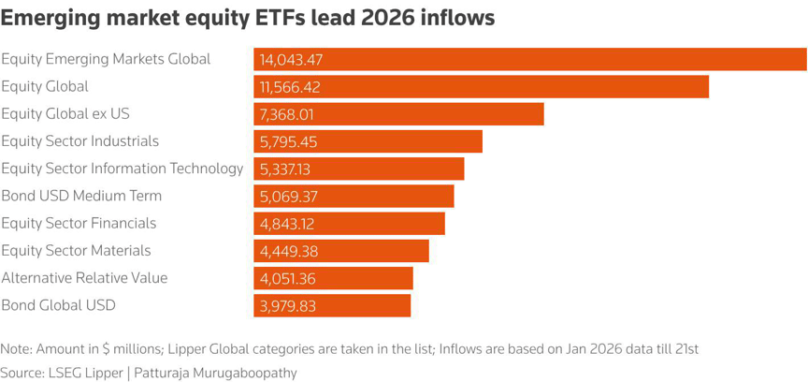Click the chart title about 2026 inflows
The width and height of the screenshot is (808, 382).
click(248, 18)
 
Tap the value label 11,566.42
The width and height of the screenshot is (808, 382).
click(291, 87)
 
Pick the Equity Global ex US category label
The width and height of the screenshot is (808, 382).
click(65, 114)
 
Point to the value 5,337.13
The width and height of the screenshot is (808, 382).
click(285, 169)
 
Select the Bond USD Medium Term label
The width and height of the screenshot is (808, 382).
click(81, 196)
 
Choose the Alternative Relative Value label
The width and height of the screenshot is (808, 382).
click(84, 278)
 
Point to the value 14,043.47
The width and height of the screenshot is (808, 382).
click(291, 60)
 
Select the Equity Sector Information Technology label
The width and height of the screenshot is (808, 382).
click(122, 169)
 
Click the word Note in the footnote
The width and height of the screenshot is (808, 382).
click(16, 349)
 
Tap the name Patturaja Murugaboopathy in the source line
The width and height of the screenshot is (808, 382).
click(218, 373)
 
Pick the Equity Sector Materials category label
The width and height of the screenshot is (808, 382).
click(76, 251)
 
